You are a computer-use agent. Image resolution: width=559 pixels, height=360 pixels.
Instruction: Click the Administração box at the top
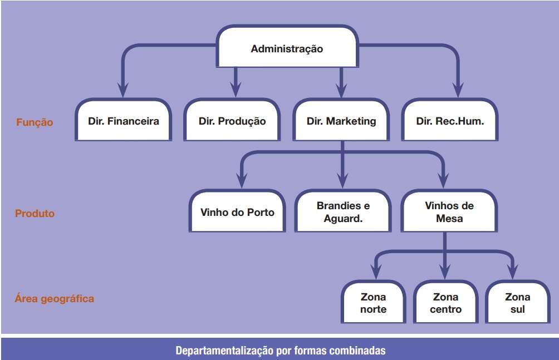tap(287, 48)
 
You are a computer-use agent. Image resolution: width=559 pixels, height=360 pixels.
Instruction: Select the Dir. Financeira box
tap(123, 121)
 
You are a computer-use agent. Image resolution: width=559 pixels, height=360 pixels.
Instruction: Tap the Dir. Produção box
tap(232, 121)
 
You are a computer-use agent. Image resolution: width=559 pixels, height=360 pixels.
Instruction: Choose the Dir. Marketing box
tap(341, 121)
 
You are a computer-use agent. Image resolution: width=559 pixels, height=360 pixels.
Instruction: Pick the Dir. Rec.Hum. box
tap(450, 121)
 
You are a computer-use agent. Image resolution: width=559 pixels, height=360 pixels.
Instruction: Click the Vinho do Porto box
tap(237, 212)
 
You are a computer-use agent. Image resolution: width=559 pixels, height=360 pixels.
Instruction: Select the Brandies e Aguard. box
tap(343, 212)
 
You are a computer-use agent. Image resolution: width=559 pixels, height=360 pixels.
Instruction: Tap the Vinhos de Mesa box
tap(449, 212)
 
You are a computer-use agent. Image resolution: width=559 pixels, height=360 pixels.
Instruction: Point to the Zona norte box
tap(373, 303)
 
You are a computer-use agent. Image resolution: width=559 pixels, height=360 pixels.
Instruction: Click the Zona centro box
tap(445, 303)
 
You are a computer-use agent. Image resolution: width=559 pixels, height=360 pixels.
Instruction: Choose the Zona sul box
tap(518, 303)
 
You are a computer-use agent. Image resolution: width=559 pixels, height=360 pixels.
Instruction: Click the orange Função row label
tap(35, 122)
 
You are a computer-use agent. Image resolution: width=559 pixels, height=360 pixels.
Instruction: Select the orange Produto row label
tap(35, 213)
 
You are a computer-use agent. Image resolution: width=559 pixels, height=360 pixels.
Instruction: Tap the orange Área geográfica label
tap(55, 299)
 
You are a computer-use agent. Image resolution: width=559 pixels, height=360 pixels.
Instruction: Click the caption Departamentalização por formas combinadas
tap(280, 351)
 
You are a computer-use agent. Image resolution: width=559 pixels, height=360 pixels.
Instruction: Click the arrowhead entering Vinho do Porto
tap(241, 180)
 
